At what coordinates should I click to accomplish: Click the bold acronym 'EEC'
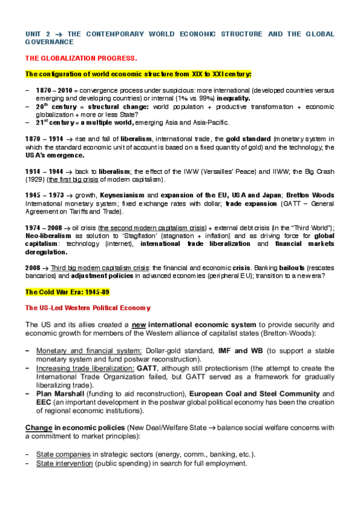[45, 403]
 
